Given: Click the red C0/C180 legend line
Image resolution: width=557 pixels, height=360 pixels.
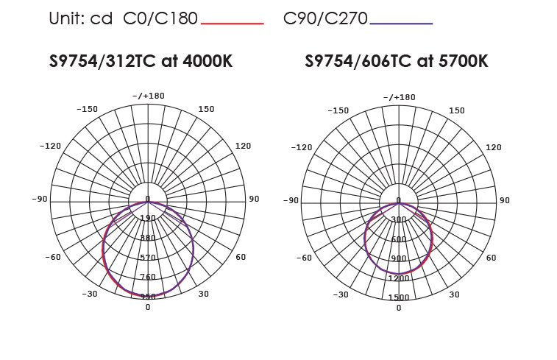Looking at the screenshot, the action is [233, 24].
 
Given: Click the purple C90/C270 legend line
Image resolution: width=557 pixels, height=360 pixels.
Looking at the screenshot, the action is [401, 24].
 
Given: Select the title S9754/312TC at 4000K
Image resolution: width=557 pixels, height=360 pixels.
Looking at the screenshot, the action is [141, 61].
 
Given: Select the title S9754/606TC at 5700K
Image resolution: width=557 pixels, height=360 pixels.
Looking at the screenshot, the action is [397, 61].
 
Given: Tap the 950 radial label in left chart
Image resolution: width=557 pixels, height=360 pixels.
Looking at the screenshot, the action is [148, 297].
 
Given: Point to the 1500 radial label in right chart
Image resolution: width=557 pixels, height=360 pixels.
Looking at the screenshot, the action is [399, 297].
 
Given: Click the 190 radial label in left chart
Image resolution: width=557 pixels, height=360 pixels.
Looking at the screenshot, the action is [148, 218].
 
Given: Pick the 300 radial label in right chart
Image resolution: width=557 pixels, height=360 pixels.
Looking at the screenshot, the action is [399, 219].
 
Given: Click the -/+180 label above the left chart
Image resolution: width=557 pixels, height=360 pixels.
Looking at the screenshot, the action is [149, 96].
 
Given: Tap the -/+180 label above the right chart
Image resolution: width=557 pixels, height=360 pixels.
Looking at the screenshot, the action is [400, 97].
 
